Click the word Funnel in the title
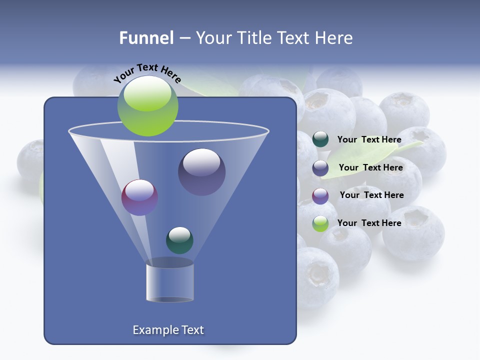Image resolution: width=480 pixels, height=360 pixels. click(146, 38)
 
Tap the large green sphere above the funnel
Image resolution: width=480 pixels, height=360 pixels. click(147, 105)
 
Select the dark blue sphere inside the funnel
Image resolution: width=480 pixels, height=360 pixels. click(201, 171)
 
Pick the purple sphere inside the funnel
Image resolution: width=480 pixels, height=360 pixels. click(139, 197)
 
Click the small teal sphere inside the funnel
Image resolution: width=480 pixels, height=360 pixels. click(179, 240)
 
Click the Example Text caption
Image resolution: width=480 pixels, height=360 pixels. click(168, 330)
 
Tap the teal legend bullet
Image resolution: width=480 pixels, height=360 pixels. click(320, 139)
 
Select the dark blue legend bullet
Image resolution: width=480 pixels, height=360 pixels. click(320, 168)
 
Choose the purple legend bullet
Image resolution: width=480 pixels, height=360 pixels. click(320, 196)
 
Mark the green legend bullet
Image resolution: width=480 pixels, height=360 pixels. click(320, 223)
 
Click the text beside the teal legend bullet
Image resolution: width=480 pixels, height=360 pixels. click(369, 140)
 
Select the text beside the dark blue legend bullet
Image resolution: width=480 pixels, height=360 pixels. click(370, 168)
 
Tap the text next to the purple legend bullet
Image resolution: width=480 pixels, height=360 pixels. click(371, 195)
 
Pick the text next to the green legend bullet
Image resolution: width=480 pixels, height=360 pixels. click(369, 223)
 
